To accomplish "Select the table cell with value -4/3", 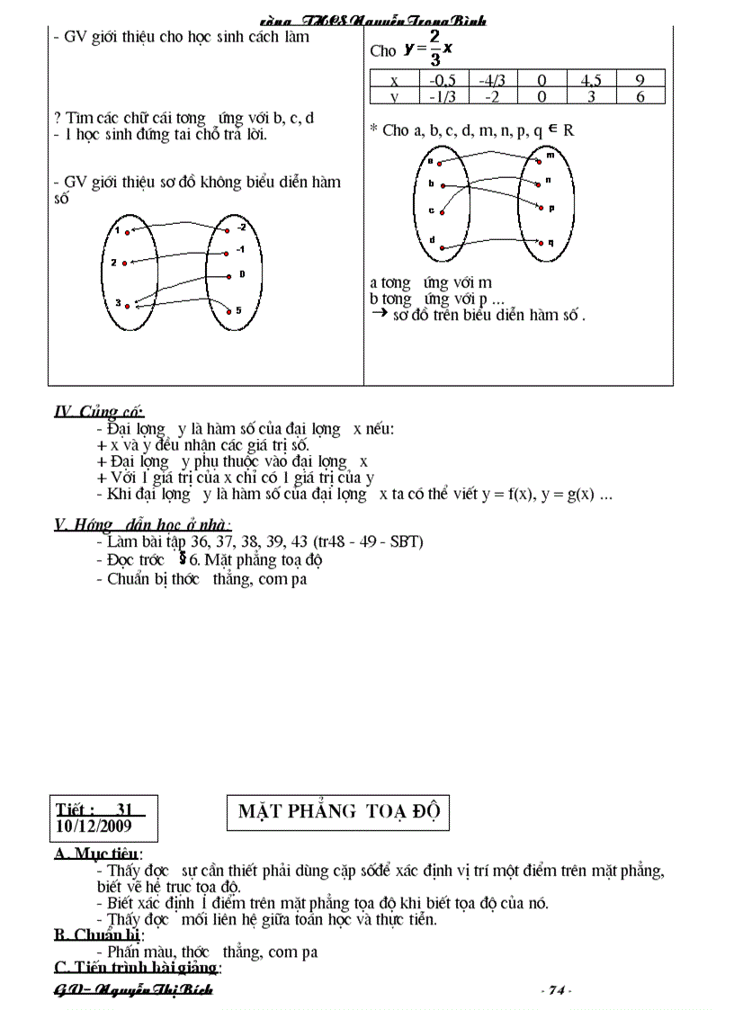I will (492, 79).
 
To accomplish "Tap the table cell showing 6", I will (640, 96).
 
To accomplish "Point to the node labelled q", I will (540, 241).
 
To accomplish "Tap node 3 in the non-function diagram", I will (129, 306).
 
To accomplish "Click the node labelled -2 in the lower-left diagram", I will (230, 228).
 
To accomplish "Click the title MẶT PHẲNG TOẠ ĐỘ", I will (336, 812).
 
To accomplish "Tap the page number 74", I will (556, 990).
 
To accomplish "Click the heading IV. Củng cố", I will (99, 412).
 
